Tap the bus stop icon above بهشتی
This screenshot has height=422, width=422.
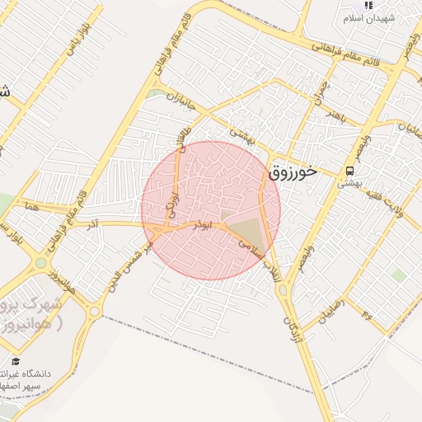(350, 171)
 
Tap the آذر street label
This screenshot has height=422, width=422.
(93, 224)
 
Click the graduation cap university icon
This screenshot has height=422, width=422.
(16, 361)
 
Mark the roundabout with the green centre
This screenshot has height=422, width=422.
(40, 264)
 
